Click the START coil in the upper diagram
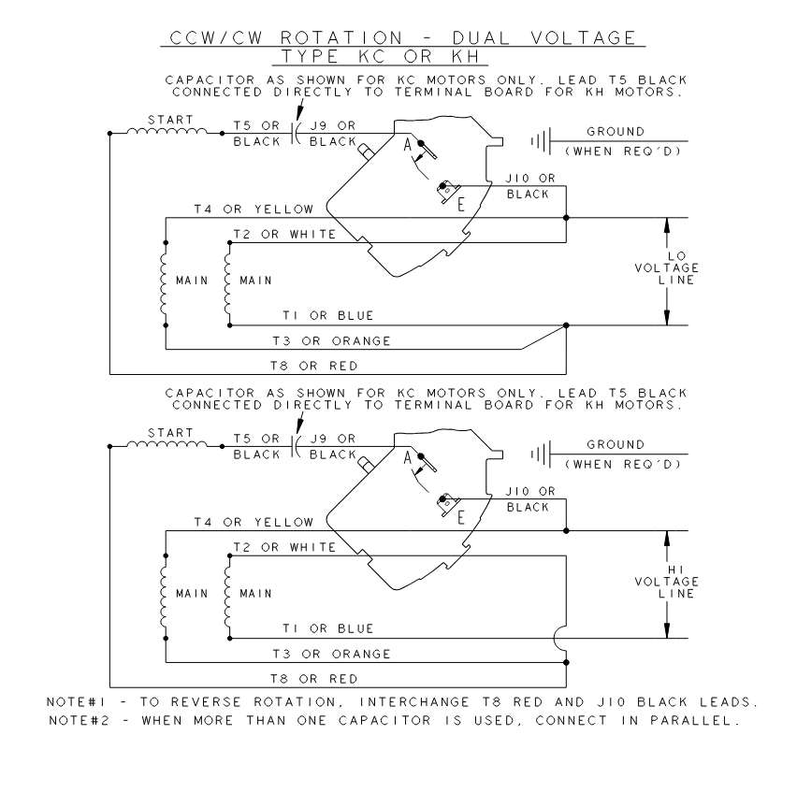point(167,131)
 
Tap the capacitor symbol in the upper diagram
point(296,133)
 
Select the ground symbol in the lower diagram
point(542,454)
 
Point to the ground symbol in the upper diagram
point(542,141)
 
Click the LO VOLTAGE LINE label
point(667,267)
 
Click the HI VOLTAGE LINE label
point(667,581)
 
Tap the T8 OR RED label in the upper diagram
point(314,366)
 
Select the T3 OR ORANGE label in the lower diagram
point(331,654)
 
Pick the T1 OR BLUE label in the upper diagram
point(328,315)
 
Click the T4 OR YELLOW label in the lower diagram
point(254,522)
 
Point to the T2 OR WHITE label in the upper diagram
point(284,234)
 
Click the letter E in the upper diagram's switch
point(461,204)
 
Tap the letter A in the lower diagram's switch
point(407,458)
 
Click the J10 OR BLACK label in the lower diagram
point(529,498)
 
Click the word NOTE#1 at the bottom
point(77,702)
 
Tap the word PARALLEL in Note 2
point(694,720)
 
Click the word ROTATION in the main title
point(341,38)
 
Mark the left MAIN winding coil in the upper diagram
point(164,284)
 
